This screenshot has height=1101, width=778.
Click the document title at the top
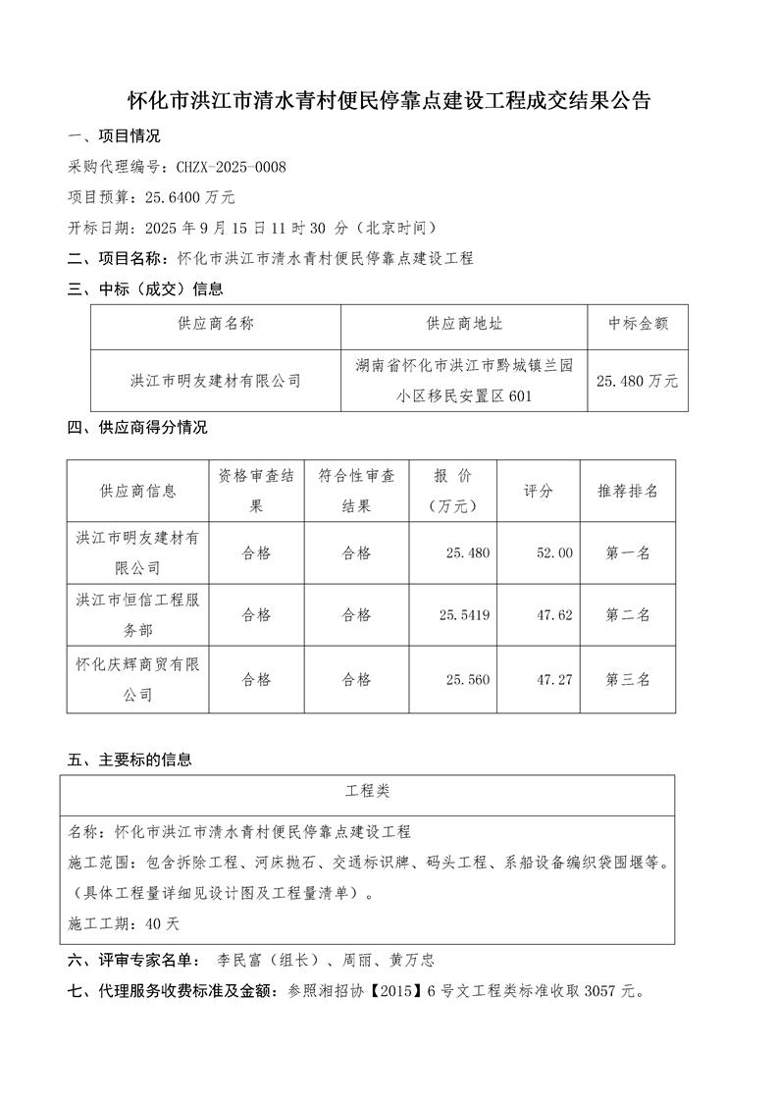(389, 101)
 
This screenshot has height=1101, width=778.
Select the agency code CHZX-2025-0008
(231, 168)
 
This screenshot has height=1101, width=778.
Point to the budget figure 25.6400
(168, 197)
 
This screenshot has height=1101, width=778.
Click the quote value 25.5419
(466, 616)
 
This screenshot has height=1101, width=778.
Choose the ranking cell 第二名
(628, 616)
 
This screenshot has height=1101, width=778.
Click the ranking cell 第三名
(628, 679)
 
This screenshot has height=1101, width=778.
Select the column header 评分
(539, 491)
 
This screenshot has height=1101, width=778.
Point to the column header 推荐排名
(628, 491)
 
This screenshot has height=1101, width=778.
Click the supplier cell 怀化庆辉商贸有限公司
(137, 679)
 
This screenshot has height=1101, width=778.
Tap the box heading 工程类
(367, 790)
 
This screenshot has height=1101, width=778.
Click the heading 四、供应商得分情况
(137, 428)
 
